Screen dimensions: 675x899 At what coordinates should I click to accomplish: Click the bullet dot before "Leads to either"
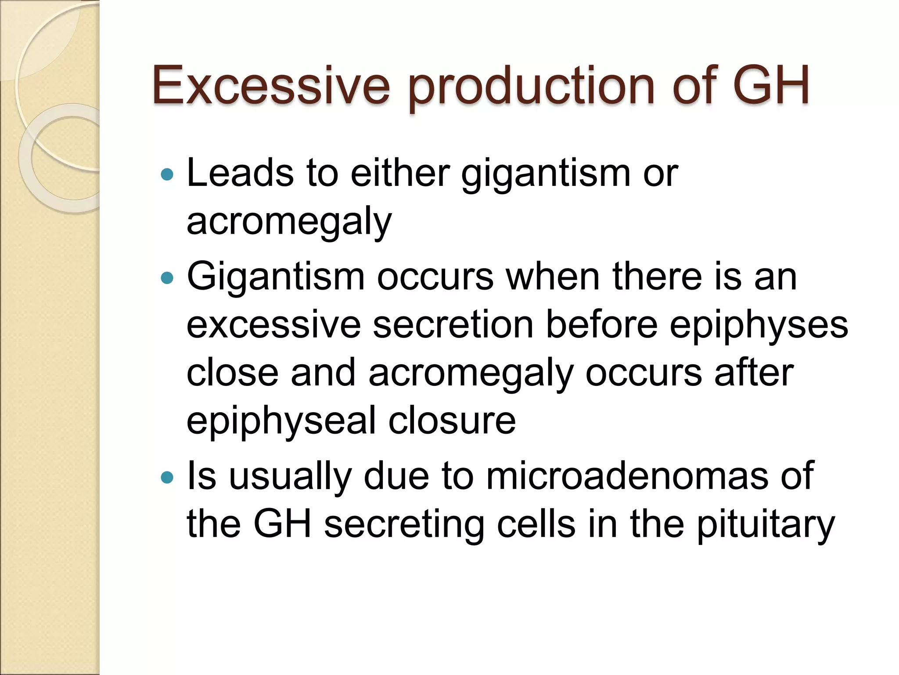click(167, 175)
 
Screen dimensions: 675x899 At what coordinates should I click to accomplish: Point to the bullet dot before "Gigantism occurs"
click(167, 278)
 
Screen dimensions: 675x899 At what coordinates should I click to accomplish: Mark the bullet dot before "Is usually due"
click(167, 477)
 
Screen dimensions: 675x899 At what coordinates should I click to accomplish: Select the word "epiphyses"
click(759, 326)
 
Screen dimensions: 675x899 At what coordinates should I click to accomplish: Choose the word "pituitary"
click(766, 525)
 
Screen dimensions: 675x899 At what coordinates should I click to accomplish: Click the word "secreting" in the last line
click(404, 525)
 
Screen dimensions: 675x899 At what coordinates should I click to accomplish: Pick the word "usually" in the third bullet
click(290, 477)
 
